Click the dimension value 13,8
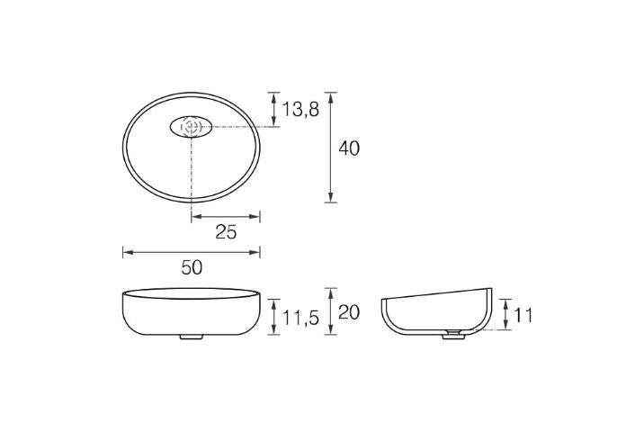click(300, 111)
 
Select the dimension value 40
click(349, 148)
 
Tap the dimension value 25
click(226, 232)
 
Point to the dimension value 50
click(192, 267)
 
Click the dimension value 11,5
click(300, 317)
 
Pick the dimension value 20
click(349, 311)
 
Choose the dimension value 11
click(524, 315)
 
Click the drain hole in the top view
click(190, 127)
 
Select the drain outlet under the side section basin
click(456, 335)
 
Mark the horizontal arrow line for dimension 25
click(226, 216)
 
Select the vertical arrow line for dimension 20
click(331, 312)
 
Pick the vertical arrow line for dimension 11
click(506, 315)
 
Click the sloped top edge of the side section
click(436, 293)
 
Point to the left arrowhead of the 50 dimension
click(126, 253)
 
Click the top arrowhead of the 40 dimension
click(331, 95)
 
